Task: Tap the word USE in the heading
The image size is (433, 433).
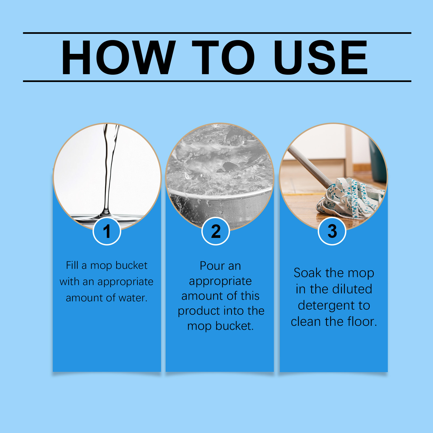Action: [x=321, y=57]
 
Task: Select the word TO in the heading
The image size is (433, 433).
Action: [x=224, y=57]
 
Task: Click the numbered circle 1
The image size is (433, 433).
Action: [x=107, y=231]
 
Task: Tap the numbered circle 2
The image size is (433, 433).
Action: [x=216, y=231]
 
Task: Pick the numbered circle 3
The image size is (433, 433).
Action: [x=332, y=231]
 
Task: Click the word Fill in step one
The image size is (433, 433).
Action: [x=72, y=265]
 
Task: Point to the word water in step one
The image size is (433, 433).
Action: [x=133, y=298]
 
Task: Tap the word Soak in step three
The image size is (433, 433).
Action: [x=308, y=273]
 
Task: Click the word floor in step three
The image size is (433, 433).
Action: [x=362, y=322]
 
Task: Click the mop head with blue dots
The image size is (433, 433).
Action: [x=351, y=198]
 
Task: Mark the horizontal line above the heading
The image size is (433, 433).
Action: [x=217, y=33]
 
